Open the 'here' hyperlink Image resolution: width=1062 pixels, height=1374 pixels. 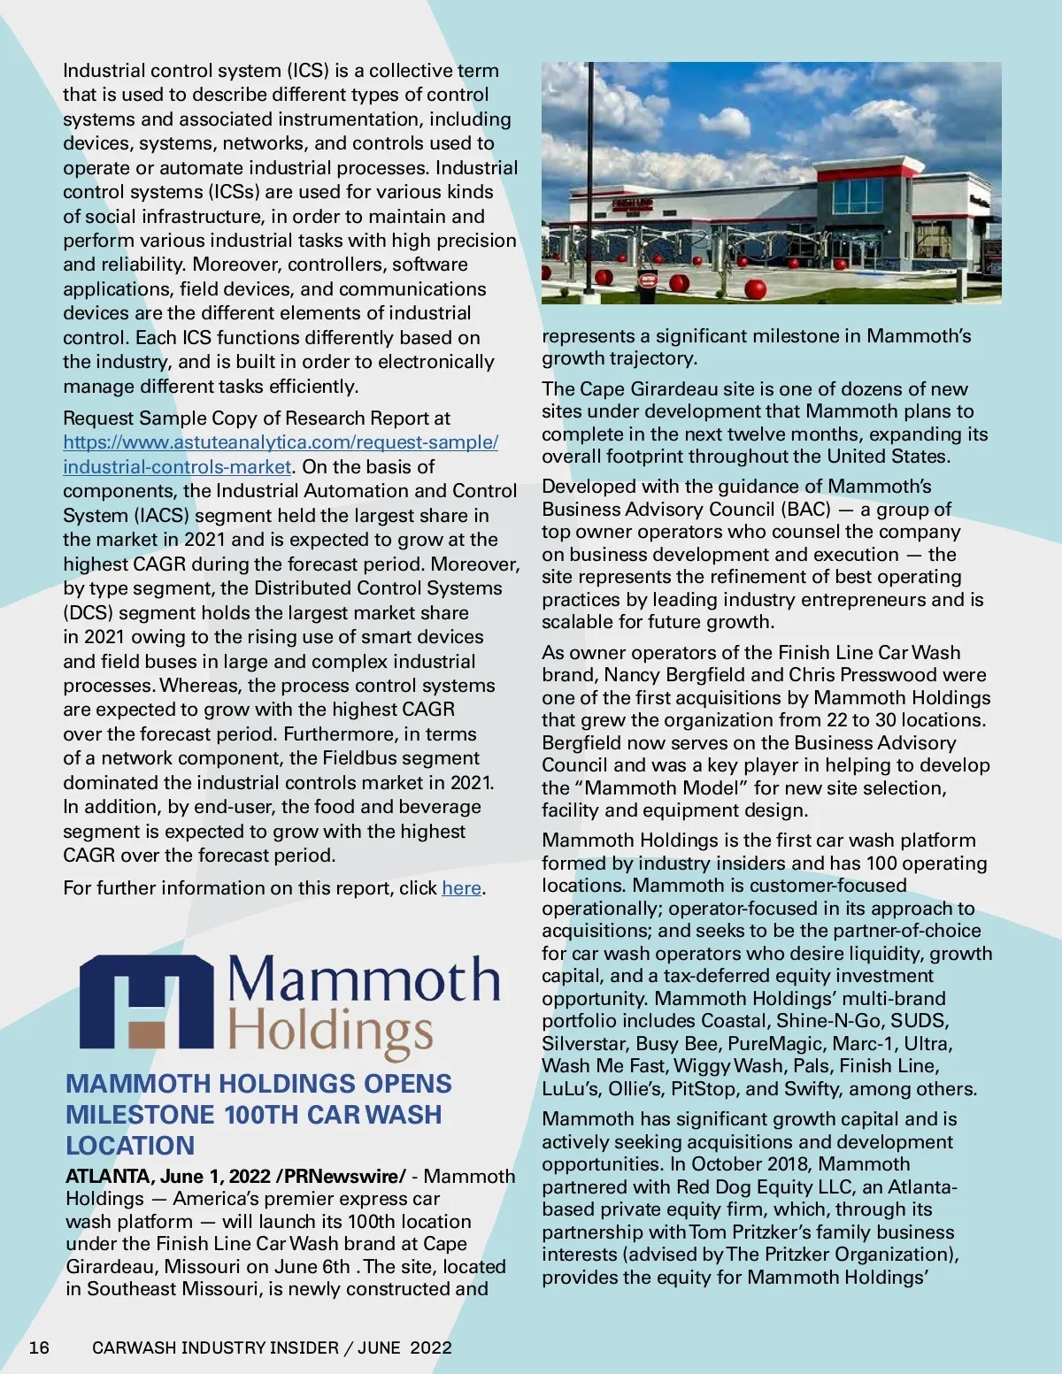pos(461,887)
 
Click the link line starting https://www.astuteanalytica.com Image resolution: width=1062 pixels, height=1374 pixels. pos(281,442)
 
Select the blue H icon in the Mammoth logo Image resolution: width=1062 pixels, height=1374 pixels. pos(146,1002)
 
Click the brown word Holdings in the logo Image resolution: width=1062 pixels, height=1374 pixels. pos(331,1032)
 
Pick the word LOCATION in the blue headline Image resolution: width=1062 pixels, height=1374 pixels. pos(130,1146)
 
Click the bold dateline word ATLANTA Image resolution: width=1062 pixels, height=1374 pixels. pos(107,1176)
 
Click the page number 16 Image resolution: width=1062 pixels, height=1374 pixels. pos(39,1347)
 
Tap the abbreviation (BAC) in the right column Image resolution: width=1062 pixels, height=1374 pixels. pos(805,509)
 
